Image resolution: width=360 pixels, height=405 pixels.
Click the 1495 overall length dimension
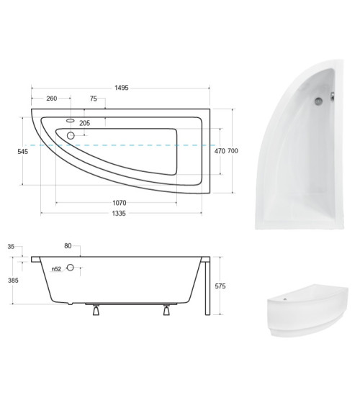coord(122,88)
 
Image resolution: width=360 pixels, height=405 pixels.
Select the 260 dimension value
coord(52,99)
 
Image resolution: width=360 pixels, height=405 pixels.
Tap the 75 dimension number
coord(94,99)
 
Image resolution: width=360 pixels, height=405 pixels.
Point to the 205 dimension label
coord(84,123)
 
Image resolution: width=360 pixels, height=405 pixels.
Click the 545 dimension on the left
coord(23,151)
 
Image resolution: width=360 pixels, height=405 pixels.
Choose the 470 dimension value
coord(220,151)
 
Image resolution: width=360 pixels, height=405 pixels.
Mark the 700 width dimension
coord(233,151)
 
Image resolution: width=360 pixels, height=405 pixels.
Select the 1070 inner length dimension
coord(120,203)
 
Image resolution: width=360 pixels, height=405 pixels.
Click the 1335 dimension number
coord(119,214)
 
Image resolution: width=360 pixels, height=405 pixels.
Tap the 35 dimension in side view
coord(11,247)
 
